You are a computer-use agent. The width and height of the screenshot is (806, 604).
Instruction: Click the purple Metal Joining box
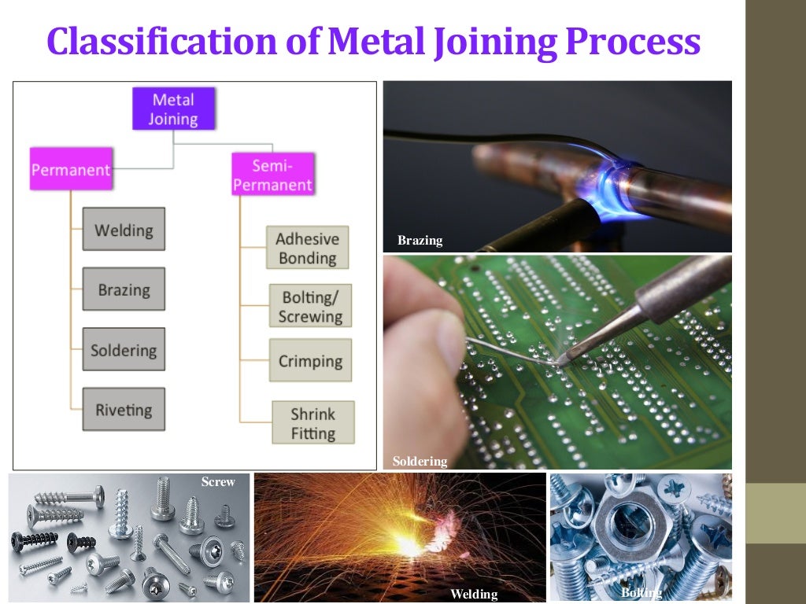point(172,109)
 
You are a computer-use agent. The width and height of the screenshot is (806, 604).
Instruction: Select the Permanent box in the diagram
point(71,169)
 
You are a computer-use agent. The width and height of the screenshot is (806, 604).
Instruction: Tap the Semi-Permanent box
point(272,175)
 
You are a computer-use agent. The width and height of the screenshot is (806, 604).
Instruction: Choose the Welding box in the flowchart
point(124,230)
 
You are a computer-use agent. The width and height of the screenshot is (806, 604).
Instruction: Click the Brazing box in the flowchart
point(124,289)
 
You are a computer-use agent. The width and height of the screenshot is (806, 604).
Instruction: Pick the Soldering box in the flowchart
point(124,350)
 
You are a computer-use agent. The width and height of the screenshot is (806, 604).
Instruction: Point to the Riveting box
point(124,409)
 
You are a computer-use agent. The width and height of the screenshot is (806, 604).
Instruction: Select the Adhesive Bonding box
point(307,248)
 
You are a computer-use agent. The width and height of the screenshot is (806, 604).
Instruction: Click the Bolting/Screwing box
point(310,307)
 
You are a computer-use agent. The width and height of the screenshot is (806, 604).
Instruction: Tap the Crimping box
point(310,361)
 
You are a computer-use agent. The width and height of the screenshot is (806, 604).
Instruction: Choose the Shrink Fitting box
point(312,423)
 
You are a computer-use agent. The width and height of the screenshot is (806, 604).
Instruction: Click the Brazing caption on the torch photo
point(420,241)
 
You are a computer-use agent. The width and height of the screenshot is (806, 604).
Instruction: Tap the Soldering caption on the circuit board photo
point(420,462)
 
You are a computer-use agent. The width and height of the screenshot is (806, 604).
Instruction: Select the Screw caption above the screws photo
point(218,481)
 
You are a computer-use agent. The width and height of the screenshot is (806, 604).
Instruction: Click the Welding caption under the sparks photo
point(473,595)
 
